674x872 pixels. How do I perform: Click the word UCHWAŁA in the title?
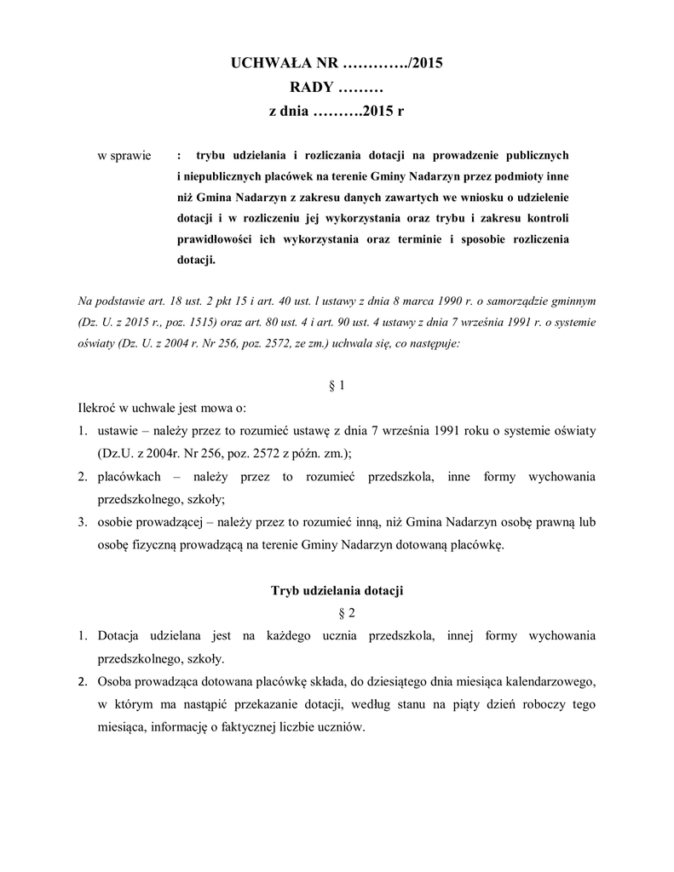(x=273, y=64)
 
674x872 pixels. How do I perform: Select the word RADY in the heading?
(x=312, y=88)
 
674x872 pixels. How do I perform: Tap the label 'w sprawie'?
(x=124, y=156)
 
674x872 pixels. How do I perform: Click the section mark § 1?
(x=337, y=386)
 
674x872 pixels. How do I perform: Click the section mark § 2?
(x=337, y=612)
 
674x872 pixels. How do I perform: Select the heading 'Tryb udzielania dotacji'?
(x=337, y=590)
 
